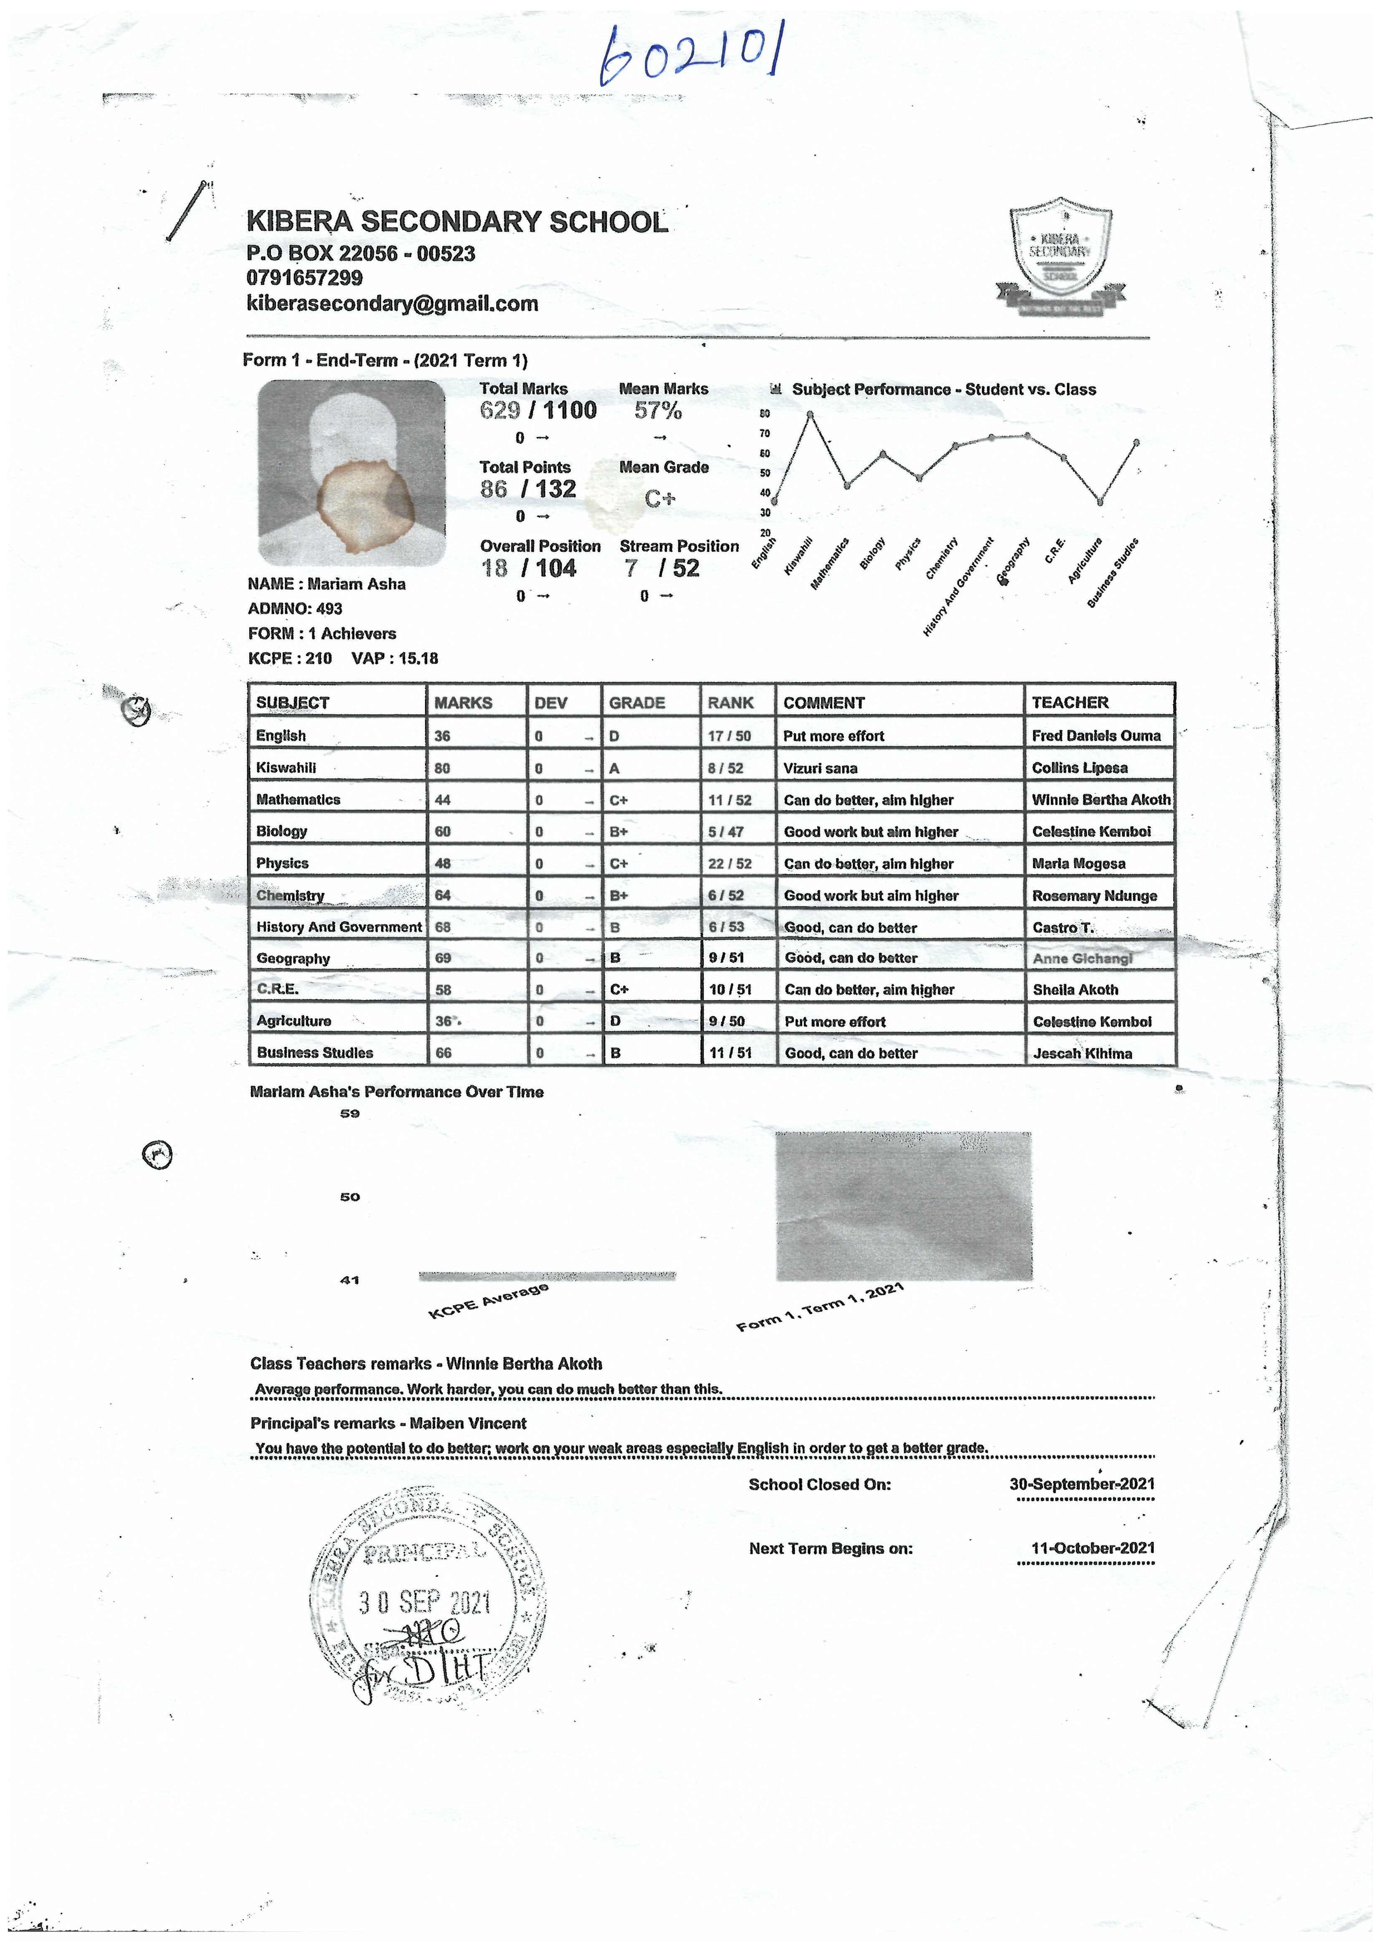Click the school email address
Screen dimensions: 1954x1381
[x=392, y=304]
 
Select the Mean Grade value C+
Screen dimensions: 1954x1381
[x=659, y=499]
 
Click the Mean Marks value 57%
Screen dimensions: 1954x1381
[x=658, y=411]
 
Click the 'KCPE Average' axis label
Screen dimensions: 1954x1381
[x=489, y=1301]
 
